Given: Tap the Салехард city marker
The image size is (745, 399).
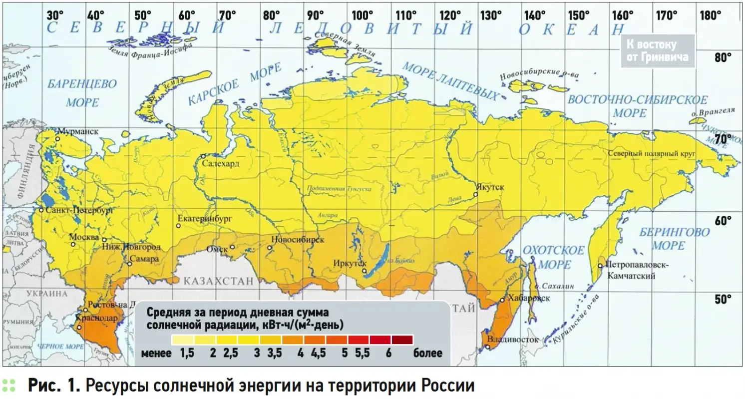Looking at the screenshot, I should click(x=204, y=156).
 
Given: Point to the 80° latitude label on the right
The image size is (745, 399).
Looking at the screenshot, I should click(x=723, y=57).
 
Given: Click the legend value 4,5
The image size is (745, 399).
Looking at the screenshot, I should click(x=318, y=353).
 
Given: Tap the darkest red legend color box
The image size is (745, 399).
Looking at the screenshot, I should click(x=402, y=340).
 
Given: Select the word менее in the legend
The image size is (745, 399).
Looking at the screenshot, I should click(x=156, y=353).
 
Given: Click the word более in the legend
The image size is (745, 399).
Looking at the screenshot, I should click(x=427, y=353).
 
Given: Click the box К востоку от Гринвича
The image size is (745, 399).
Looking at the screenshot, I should click(x=658, y=51).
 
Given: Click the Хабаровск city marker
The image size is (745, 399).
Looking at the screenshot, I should click(x=502, y=300).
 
